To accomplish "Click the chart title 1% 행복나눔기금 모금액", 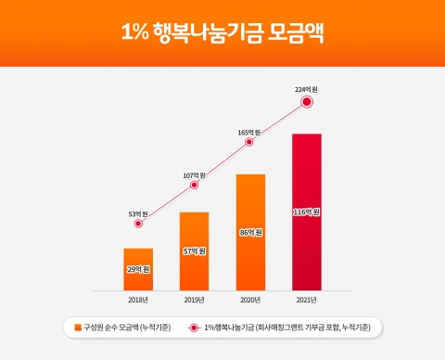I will coord(222,32).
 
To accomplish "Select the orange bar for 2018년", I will coord(138,269).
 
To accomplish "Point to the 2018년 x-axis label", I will coord(138,299).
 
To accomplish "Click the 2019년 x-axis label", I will coord(195,299).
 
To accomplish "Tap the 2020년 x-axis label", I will coord(250,299).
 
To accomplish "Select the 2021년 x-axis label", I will coord(307,299).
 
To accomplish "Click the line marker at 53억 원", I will coord(138,224).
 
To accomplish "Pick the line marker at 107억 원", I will coord(195,185).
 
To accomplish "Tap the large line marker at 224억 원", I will coord(307,102).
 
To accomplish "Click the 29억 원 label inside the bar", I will coord(138,269).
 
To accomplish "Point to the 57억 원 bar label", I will coord(195,251).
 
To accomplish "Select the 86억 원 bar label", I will coord(250,233).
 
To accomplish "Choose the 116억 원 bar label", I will coord(307,212).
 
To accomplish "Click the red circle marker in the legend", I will coord(195,328).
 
